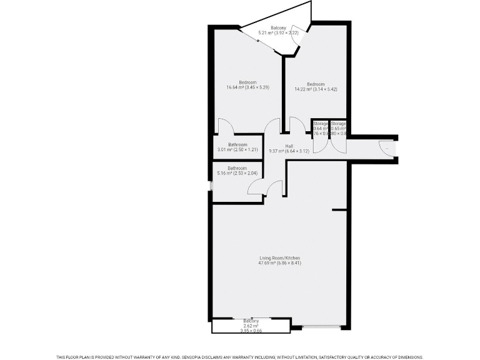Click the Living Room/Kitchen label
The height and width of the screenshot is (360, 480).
pyautogui.click(x=280, y=258)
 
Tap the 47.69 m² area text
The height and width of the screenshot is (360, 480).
pyautogui.click(x=280, y=263)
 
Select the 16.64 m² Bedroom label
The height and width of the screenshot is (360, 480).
pyautogui.click(x=247, y=83)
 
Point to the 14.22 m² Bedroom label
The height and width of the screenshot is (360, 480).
pyautogui.click(x=316, y=84)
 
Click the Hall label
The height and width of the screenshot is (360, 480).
pyautogui.click(x=289, y=146)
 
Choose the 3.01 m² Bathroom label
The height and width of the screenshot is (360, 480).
pyautogui.click(x=237, y=145)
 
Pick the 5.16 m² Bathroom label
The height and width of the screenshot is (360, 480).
pyautogui.click(x=237, y=168)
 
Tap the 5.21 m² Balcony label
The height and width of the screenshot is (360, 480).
pyautogui.click(x=278, y=27)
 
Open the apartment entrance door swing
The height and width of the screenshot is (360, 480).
pyautogui.click(x=386, y=148)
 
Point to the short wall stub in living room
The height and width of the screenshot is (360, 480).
pyautogui.click(x=339, y=209)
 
